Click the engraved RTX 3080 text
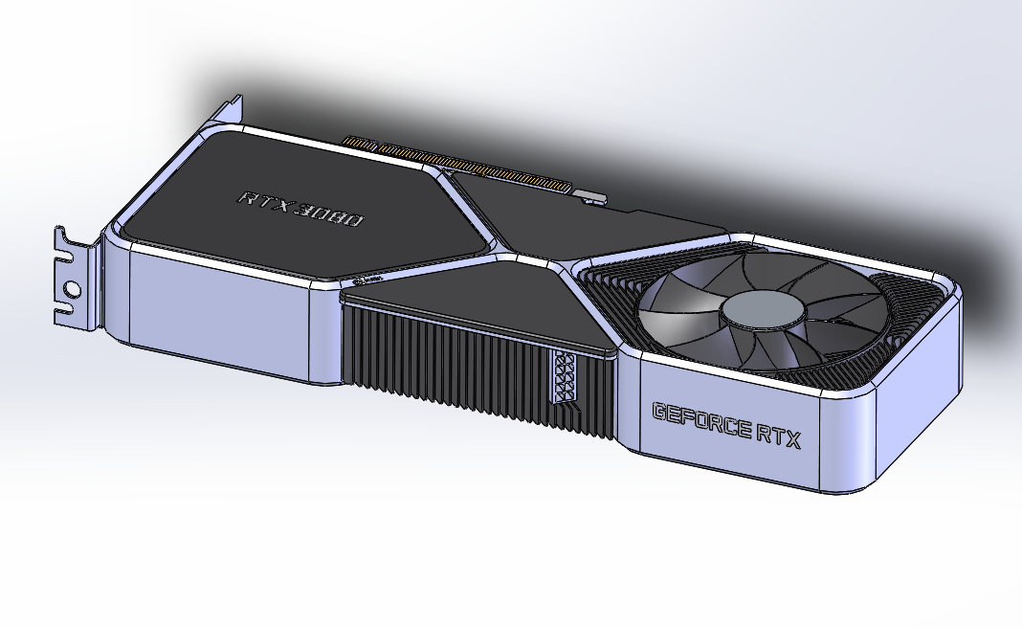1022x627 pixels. pyautogui.click(x=300, y=210)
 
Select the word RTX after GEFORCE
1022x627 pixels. pyautogui.click(x=777, y=435)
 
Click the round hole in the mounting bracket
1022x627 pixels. pyautogui.click(x=71, y=287)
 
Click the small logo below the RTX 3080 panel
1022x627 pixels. pyautogui.click(x=368, y=280)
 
